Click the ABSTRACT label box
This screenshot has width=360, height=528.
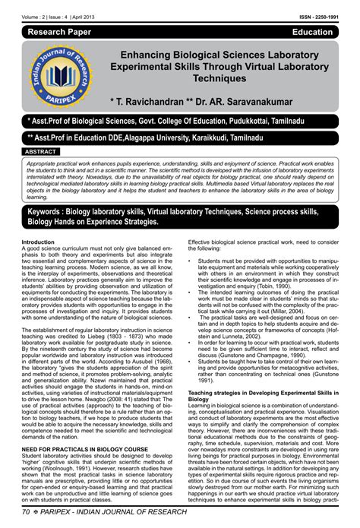[45, 152]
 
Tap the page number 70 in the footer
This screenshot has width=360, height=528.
[28, 519]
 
